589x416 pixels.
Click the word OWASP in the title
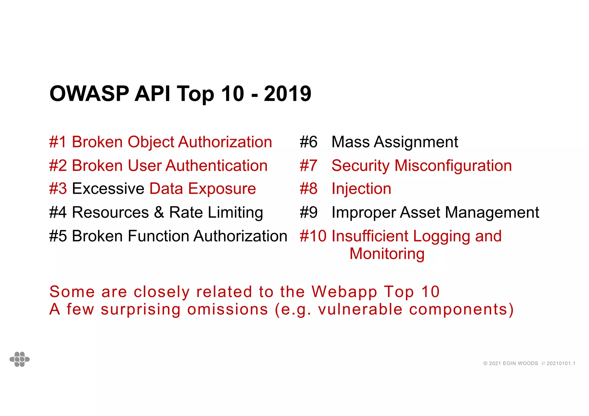click(89, 94)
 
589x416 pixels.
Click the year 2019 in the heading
click(287, 94)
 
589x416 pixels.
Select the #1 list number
click(58, 142)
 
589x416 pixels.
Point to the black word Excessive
click(108, 189)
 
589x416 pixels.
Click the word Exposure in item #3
click(222, 189)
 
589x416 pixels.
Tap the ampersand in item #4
click(159, 213)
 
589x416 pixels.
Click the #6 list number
click(308, 142)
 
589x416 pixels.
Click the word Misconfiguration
click(453, 166)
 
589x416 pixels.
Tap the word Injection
click(361, 189)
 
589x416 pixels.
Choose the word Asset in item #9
click(420, 213)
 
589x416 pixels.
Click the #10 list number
click(313, 236)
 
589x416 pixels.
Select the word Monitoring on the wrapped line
click(387, 254)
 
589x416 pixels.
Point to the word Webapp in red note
click(344, 292)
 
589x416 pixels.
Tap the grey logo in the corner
click(20, 359)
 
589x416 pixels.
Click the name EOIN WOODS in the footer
click(520, 363)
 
